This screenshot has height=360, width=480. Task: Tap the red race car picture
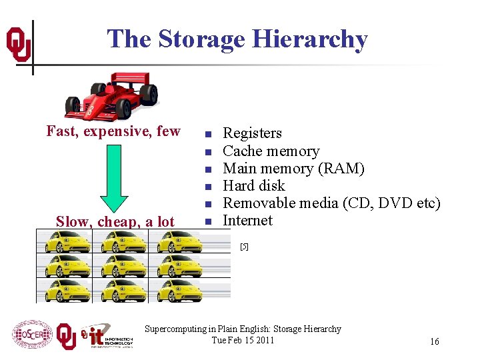[x=111, y=95]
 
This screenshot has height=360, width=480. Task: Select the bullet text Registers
[x=252, y=133]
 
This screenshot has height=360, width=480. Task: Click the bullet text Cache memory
[x=271, y=151]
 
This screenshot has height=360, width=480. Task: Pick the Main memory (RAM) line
[x=293, y=169]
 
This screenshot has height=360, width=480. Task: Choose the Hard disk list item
[x=253, y=186]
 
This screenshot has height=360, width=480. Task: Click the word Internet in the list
[x=247, y=221]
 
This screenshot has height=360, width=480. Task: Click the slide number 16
[x=434, y=341]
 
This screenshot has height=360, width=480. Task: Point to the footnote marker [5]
[x=244, y=247]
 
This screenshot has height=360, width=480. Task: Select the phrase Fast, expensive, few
[x=113, y=131]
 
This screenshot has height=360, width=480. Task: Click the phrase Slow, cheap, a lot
[x=115, y=221]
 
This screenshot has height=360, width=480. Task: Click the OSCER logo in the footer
[x=31, y=334]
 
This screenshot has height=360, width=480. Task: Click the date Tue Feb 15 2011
[x=243, y=340]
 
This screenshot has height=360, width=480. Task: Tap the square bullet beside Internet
[x=208, y=221]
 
